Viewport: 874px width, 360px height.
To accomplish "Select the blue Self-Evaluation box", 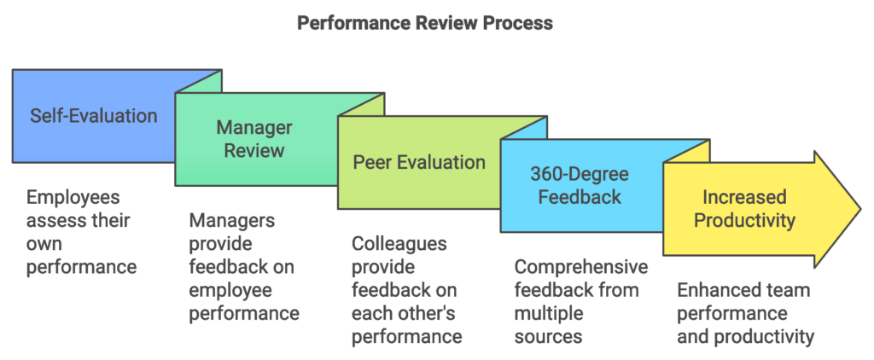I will [94, 115].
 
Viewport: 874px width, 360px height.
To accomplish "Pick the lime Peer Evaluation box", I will [419, 162].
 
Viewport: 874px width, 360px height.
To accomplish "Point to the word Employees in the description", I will [72, 196].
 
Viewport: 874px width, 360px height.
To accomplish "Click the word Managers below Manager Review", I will [232, 220].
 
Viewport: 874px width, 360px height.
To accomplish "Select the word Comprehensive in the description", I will [581, 267].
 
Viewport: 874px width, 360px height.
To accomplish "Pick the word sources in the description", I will [548, 336].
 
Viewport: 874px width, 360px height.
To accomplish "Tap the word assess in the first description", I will [54, 220].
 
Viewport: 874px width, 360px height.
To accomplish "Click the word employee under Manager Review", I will [225, 290].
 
